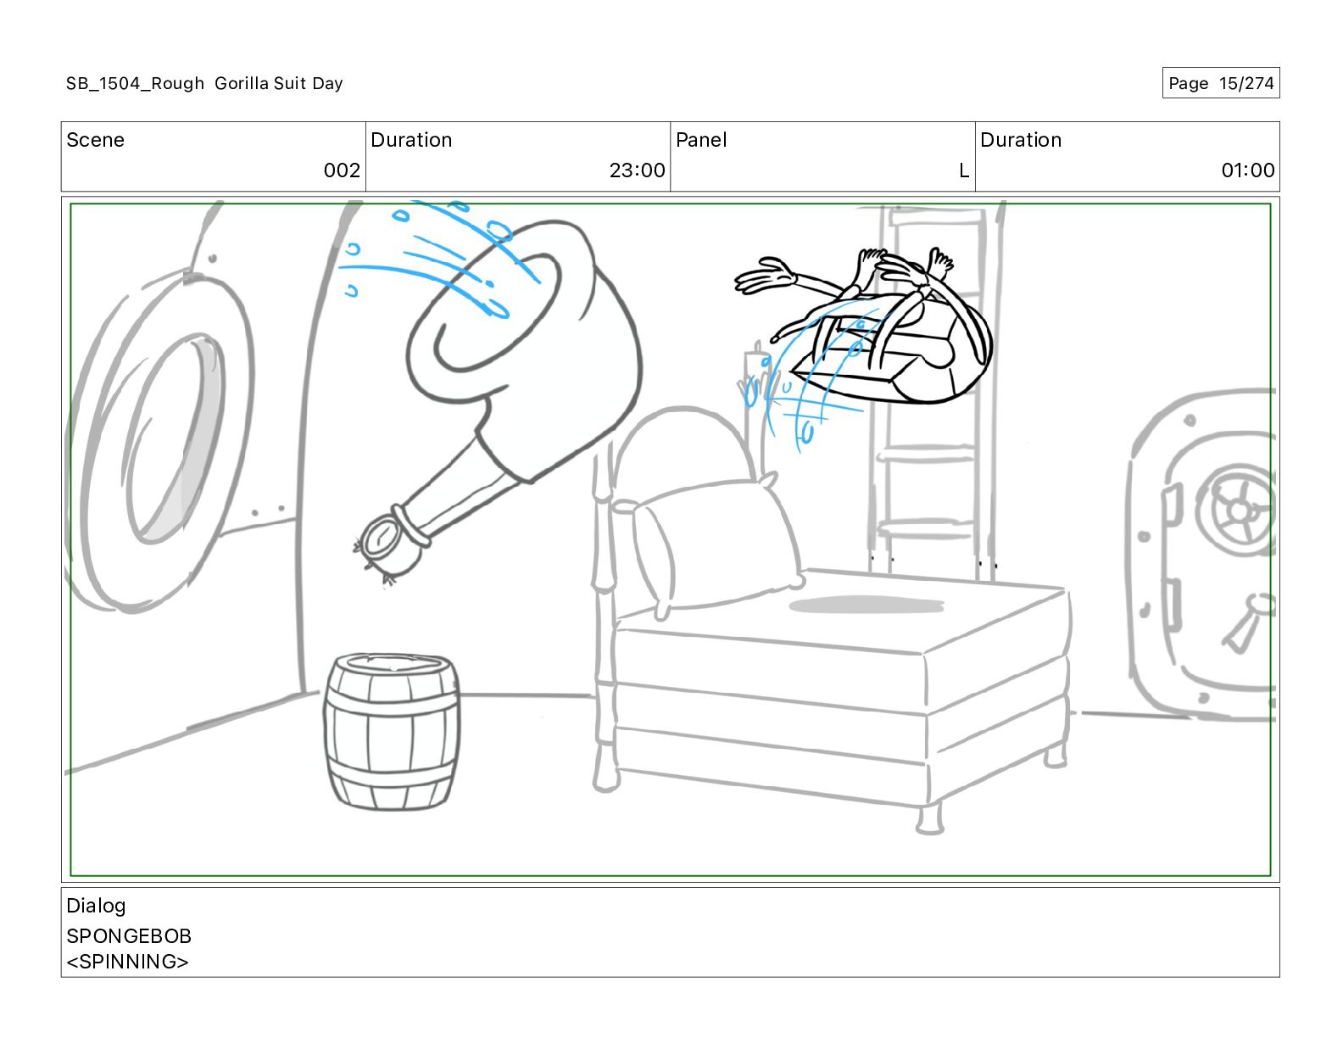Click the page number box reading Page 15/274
click(1220, 83)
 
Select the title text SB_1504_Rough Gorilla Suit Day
click(204, 83)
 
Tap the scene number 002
click(342, 170)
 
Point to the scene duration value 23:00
click(637, 170)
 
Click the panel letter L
click(963, 170)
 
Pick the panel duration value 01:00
click(1247, 170)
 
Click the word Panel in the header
click(701, 140)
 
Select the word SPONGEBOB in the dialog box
click(129, 936)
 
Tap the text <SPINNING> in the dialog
click(127, 962)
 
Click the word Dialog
click(96, 906)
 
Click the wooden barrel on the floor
click(392, 731)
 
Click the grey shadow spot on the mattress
click(865, 605)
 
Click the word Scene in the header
click(95, 140)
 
